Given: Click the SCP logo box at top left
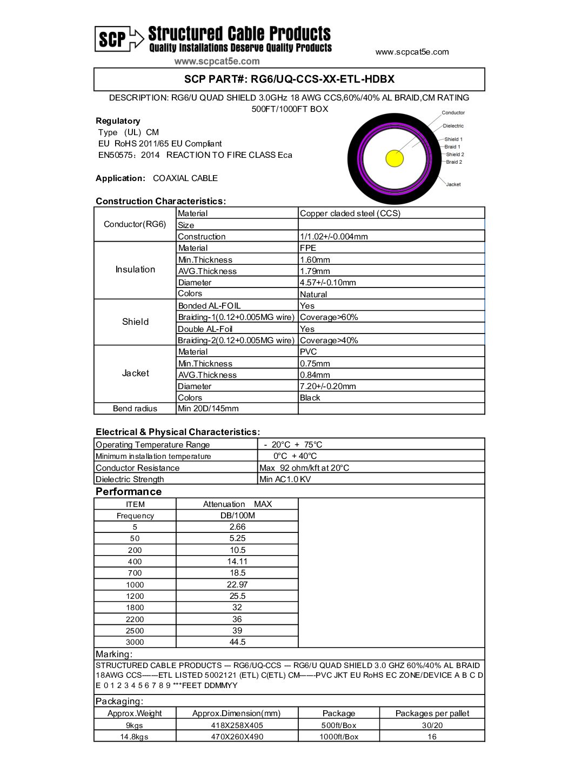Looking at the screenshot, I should coord(112,39).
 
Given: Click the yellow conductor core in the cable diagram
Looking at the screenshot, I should coord(395,158).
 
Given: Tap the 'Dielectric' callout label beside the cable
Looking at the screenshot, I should coord(453,126).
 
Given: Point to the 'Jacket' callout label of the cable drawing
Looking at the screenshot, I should coord(453,184).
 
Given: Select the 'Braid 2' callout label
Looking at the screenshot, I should coord(453,162).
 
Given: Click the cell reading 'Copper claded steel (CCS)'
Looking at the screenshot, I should coord(350,213).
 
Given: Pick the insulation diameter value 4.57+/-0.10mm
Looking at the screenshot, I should coord(328,283).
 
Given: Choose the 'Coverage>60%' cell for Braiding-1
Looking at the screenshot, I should coord(329,317).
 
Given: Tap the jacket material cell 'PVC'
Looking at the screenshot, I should coord(309,352).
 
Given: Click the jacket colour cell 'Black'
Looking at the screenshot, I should coord(310,398).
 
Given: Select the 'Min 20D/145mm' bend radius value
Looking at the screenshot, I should coord(208,409).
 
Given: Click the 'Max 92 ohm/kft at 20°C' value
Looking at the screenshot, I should coord(304,468).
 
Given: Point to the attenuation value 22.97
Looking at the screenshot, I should coord(237,584).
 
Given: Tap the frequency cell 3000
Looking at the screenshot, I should coord(135,642).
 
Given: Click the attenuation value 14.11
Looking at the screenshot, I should coord(237,562).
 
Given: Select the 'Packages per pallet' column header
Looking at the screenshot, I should coord(432,713).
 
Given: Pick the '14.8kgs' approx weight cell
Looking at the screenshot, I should coord(134,737).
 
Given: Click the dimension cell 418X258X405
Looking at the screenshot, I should coord(237,725).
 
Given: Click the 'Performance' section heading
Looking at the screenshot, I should coord(129,492).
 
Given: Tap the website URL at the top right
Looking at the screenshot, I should coord(412,52).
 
